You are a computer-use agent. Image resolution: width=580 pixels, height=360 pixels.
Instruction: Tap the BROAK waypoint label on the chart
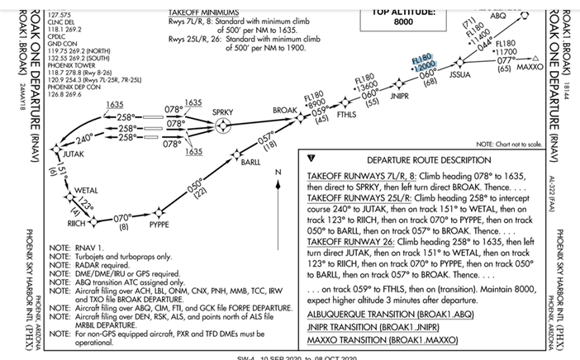click(x=285, y=111)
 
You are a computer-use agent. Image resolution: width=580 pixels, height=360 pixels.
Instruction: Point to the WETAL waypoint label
click(x=86, y=191)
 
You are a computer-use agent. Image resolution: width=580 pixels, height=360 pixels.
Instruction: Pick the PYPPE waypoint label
click(x=159, y=223)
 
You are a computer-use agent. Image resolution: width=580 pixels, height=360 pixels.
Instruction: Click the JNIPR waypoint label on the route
click(x=399, y=97)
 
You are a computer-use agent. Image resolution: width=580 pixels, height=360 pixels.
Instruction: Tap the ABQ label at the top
click(x=498, y=16)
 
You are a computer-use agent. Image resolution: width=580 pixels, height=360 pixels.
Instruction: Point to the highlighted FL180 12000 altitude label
click(x=423, y=68)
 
